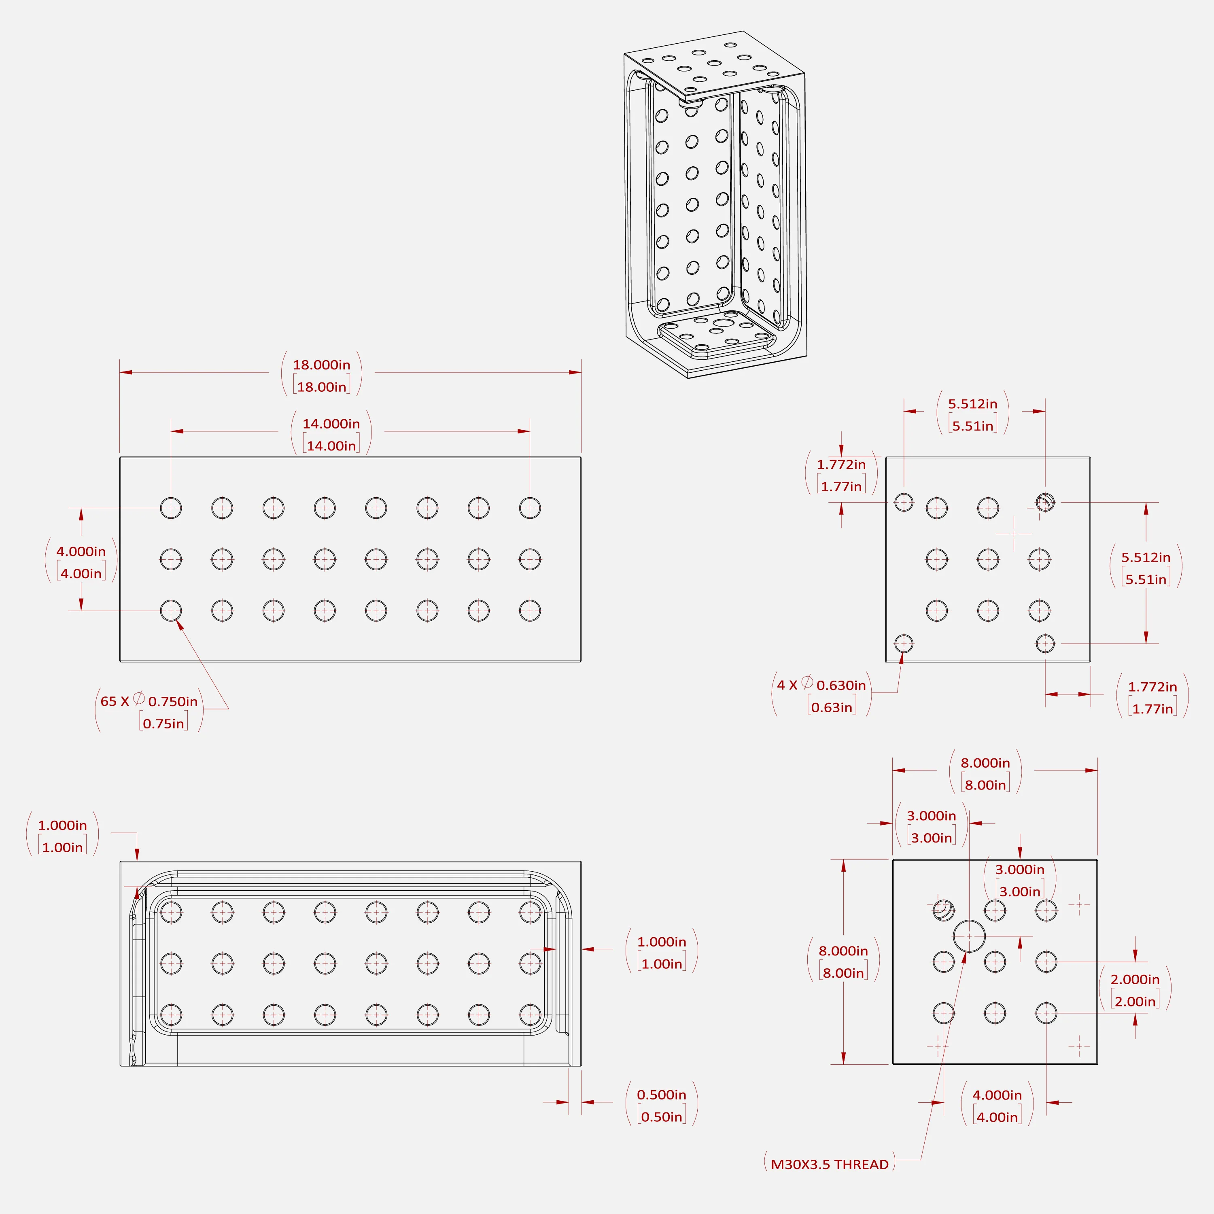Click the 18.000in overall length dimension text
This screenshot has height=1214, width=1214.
point(322,365)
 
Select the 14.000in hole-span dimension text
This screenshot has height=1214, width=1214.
point(331,424)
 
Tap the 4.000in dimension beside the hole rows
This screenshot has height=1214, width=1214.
point(81,552)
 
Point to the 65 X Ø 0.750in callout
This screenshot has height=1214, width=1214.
point(149,701)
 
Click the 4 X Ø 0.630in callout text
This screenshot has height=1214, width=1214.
point(821,685)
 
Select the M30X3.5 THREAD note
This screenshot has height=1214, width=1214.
point(830,1164)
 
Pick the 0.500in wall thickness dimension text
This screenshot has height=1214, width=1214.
point(662,1095)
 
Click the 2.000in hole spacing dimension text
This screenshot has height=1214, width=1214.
point(1135,980)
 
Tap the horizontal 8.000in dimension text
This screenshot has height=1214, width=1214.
point(985,763)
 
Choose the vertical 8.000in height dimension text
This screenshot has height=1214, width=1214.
point(843,951)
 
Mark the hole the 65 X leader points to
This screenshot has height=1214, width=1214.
point(171,610)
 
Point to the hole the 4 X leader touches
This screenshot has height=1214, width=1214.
point(904,643)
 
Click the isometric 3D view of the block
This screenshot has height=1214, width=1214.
point(715,204)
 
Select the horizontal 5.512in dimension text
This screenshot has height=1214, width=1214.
point(973,404)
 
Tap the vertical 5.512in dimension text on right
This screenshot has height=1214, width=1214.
point(1146,557)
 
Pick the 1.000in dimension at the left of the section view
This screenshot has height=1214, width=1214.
point(62,825)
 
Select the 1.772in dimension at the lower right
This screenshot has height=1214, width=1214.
point(1152,687)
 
